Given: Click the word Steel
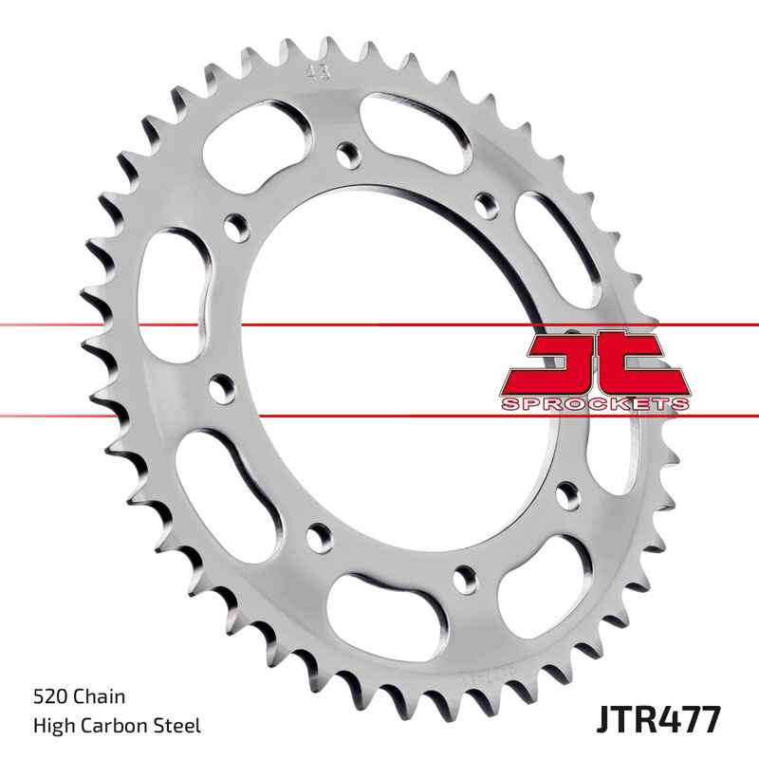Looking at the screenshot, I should pos(177,727).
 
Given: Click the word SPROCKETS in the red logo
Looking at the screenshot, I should pos(595,404).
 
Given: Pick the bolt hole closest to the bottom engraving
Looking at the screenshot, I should pos(464,575).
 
